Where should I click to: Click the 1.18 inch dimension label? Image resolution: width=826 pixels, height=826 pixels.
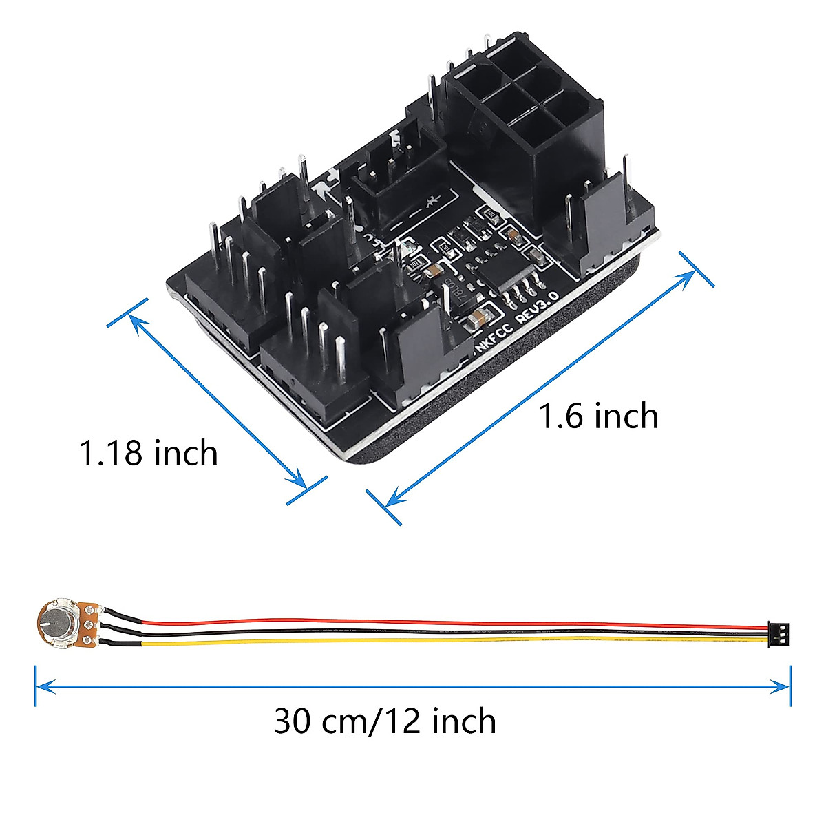pyautogui.click(x=149, y=453)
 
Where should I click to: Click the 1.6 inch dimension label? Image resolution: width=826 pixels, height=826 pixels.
pyautogui.click(x=597, y=416)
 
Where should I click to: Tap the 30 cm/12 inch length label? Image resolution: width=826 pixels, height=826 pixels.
pyautogui.click(x=385, y=721)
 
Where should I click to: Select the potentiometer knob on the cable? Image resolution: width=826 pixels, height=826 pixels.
pyautogui.click(x=54, y=621)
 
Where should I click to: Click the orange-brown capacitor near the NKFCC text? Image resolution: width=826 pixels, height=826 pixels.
pyautogui.click(x=477, y=318)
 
